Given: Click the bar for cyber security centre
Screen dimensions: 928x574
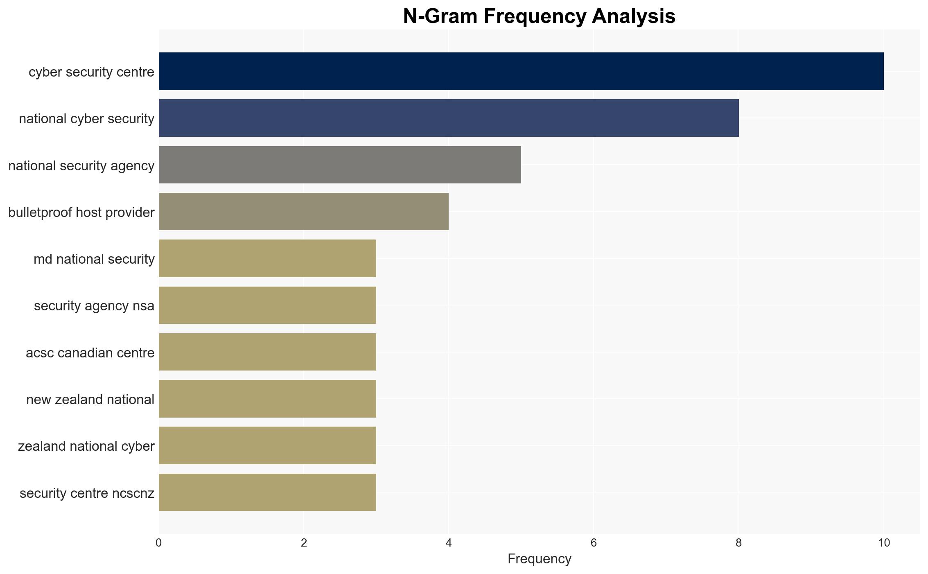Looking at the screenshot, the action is (x=521, y=71).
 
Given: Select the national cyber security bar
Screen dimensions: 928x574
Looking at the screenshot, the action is (x=449, y=118).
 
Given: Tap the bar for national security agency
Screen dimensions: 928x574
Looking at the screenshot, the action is (x=340, y=165).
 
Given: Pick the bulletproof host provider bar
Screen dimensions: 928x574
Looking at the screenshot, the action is (x=304, y=211).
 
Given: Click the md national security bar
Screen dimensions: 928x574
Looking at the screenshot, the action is (x=267, y=258).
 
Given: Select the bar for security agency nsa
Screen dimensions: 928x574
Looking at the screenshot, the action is (x=267, y=305).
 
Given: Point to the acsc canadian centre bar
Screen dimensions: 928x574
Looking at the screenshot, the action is (x=267, y=352).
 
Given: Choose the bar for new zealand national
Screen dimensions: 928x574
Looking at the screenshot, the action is (x=267, y=399).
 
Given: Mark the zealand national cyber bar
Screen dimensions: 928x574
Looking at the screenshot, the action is (x=267, y=445).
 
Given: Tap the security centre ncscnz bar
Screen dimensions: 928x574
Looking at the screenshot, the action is (x=267, y=492).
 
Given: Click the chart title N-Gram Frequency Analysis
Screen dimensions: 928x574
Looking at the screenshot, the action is (x=539, y=16).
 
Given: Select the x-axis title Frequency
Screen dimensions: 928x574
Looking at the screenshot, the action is (x=539, y=559).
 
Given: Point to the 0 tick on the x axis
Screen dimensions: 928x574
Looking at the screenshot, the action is (x=159, y=543).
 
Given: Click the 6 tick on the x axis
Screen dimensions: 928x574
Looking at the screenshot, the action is (x=594, y=543).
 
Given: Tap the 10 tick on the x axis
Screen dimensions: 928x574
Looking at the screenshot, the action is (x=884, y=543).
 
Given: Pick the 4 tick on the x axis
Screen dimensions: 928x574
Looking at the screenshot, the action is (x=449, y=543).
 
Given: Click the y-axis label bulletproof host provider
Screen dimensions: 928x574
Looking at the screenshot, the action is (x=81, y=212).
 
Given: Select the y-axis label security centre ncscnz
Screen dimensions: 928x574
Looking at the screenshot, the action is (x=87, y=493).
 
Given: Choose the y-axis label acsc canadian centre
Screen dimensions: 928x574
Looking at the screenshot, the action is (x=90, y=353).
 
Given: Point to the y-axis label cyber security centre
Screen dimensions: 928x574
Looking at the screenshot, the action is (x=92, y=72).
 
